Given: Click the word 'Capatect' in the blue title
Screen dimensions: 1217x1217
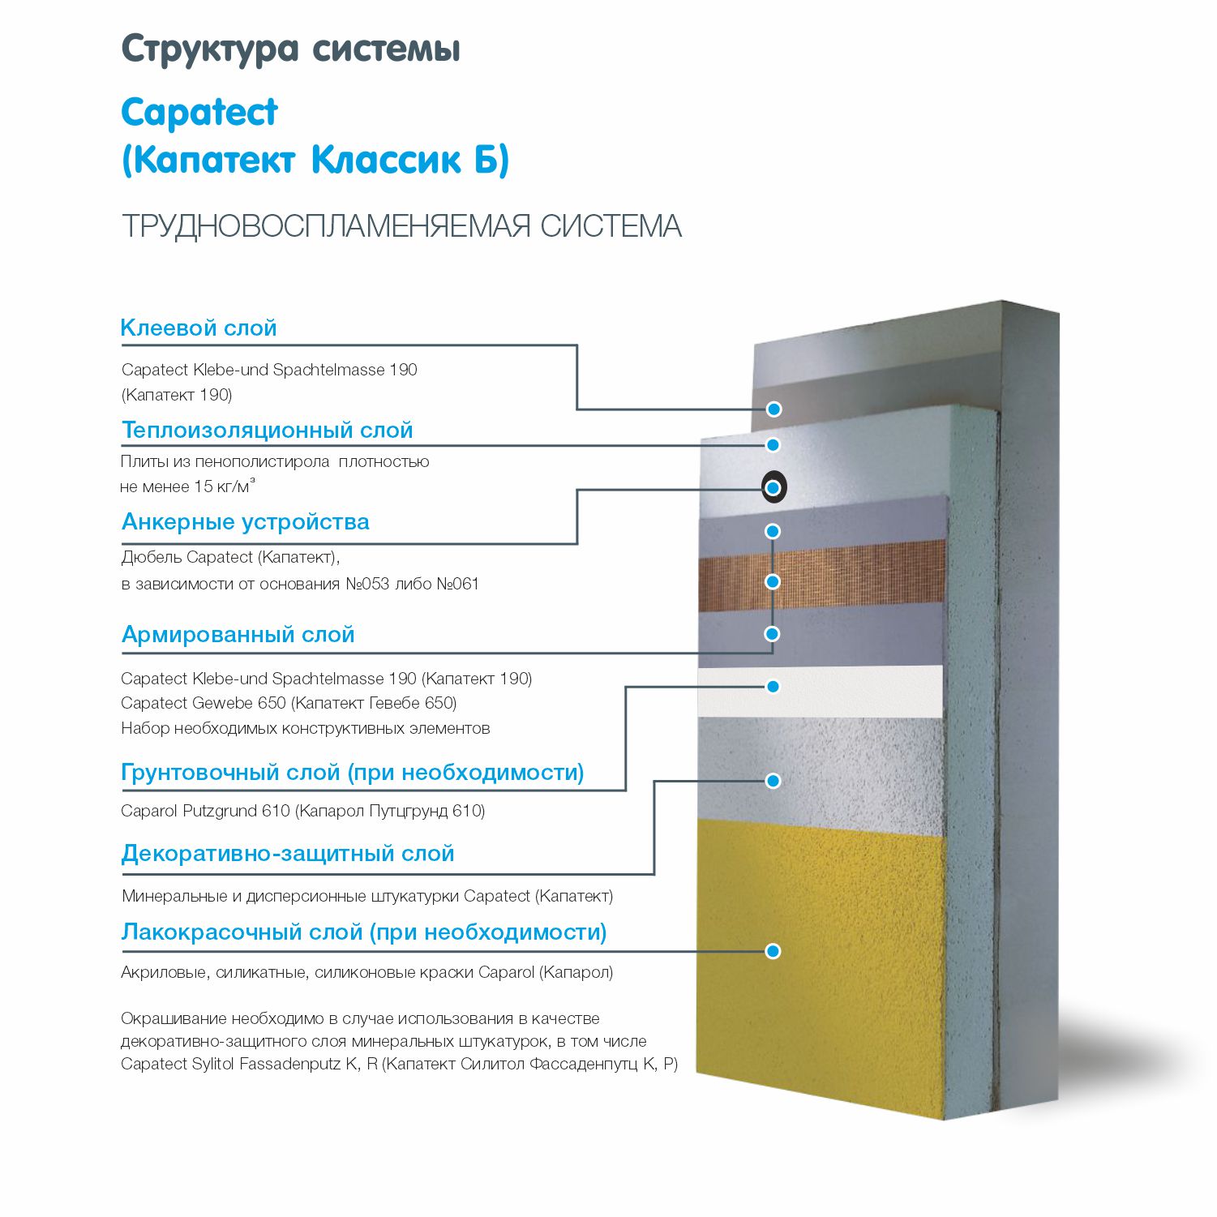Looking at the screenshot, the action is pos(199,113).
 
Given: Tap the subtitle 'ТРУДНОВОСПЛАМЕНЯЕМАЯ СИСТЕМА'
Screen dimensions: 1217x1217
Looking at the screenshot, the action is pos(401,226).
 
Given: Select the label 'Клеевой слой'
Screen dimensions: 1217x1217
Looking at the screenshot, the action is pos(199,328).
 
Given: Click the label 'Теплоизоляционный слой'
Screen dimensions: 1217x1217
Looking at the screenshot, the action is pos(268,430).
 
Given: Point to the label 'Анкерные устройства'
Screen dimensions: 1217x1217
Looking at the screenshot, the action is pos(246,522).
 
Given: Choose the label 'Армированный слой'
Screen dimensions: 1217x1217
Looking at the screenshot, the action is pos(238,634).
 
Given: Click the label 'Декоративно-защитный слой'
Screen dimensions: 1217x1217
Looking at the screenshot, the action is pos(288,853).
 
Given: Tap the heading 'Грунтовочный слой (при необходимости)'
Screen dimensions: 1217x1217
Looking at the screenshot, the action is pos(353,772).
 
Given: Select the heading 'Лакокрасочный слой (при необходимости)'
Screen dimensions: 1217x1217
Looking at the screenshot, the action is pos(364,932).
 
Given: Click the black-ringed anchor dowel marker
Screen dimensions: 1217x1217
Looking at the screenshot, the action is pos(774,487).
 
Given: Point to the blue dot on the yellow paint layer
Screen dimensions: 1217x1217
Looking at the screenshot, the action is pos(773,951).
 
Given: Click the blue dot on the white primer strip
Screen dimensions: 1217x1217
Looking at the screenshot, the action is pos(773,687).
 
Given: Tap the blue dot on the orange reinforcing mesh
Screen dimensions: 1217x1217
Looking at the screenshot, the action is pos(773,581).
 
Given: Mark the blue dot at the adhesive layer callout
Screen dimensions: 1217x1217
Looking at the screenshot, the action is pos(774,409).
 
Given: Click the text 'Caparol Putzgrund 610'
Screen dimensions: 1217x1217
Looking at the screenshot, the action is pos(205,811).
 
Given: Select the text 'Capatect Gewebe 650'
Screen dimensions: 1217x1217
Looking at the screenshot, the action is pos(204,703).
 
